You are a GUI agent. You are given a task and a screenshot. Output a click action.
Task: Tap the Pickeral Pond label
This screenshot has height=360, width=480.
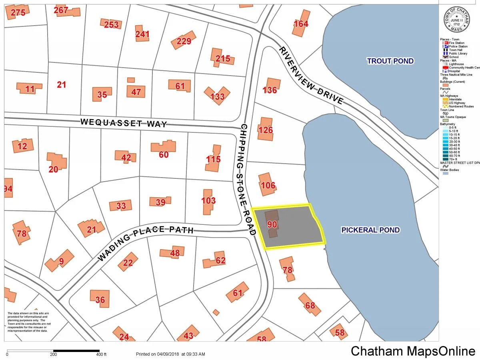[x=370, y=230]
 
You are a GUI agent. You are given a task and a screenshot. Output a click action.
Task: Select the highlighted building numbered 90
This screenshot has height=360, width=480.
[x=272, y=224]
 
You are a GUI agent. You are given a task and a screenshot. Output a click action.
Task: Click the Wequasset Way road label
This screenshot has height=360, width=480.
[x=124, y=122]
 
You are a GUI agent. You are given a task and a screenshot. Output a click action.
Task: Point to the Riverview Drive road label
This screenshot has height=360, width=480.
[x=311, y=76]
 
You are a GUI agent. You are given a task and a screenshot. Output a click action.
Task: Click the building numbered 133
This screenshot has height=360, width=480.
[x=217, y=96]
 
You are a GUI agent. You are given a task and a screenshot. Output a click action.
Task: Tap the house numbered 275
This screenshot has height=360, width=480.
[x=18, y=13]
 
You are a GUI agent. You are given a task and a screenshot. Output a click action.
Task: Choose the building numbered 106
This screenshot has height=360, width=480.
[x=268, y=185]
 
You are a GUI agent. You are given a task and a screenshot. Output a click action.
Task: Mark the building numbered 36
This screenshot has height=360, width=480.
[x=100, y=299]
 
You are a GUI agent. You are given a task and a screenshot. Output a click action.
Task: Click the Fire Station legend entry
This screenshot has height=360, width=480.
[x=456, y=43]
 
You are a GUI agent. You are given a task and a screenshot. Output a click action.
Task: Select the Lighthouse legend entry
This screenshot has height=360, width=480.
[x=456, y=64]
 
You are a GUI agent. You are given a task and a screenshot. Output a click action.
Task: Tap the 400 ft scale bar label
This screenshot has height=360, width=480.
[x=102, y=354]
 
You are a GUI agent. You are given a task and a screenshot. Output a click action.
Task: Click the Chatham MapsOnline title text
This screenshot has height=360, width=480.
[x=413, y=351]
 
